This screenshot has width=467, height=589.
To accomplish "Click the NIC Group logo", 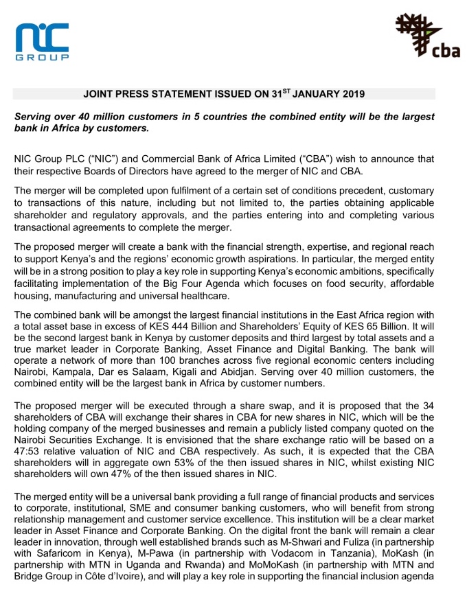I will pos(42,43).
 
